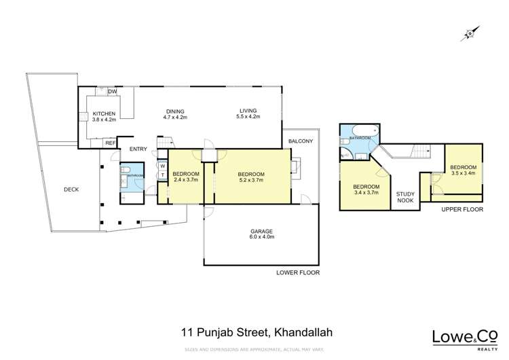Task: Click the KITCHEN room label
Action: pyautogui.click(x=104, y=116)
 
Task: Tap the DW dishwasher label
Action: pyautogui.click(x=113, y=92)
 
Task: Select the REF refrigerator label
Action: pyautogui.click(x=109, y=143)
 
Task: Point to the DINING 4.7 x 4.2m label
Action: pyautogui.click(x=174, y=115)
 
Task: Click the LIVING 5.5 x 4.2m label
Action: pyautogui.click(x=248, y=114)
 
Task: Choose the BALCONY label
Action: pyautogui.click(x=300, y=141)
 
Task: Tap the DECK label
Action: pyautogui.click(x=71, y=190)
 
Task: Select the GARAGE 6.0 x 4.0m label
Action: pyautogui.click(x=261, y=235)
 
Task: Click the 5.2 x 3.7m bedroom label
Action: pyautogui.click(x=250, y=178)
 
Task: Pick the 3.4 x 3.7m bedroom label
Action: pyautogui.click(x=367, y=190)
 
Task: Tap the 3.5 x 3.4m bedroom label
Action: pyautogui.click(x=464, y=170)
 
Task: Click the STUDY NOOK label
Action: pyautogui.click(x=406, y=197)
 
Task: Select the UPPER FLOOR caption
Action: pyautogui.click(x=462, y=210)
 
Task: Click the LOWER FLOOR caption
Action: pyautogui.click(x=297, y=272)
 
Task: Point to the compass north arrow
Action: pyautogui.click(x=468, y=33)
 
